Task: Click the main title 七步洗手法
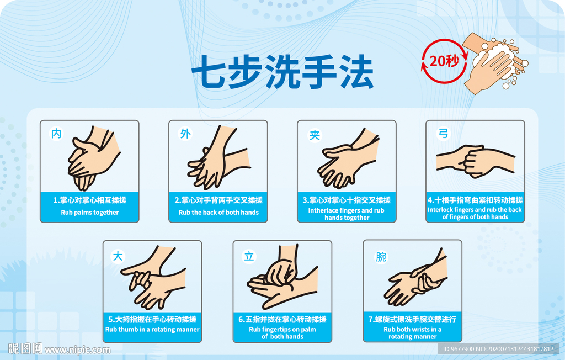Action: pos(282,72)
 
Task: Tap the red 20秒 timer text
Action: pos(444,61)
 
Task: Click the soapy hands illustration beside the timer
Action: pos(495,63)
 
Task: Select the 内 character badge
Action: pos(56,134)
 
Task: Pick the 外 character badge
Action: pos(185,134)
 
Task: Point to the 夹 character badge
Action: pos(314,135)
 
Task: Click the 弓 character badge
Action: pos(443,134)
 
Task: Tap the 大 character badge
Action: pos(118,257)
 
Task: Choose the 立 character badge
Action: pos(249,257)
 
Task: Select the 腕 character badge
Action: pos(381,257)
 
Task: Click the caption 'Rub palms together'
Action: pos(90,213)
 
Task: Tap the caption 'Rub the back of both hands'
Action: pos(218,213)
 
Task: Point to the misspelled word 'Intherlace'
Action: pos(323,210)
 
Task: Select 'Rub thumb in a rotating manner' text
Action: pos(152,329)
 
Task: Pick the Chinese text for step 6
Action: pos(282,319)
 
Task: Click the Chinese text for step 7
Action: pos(412,319)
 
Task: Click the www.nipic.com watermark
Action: pos(77,350)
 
